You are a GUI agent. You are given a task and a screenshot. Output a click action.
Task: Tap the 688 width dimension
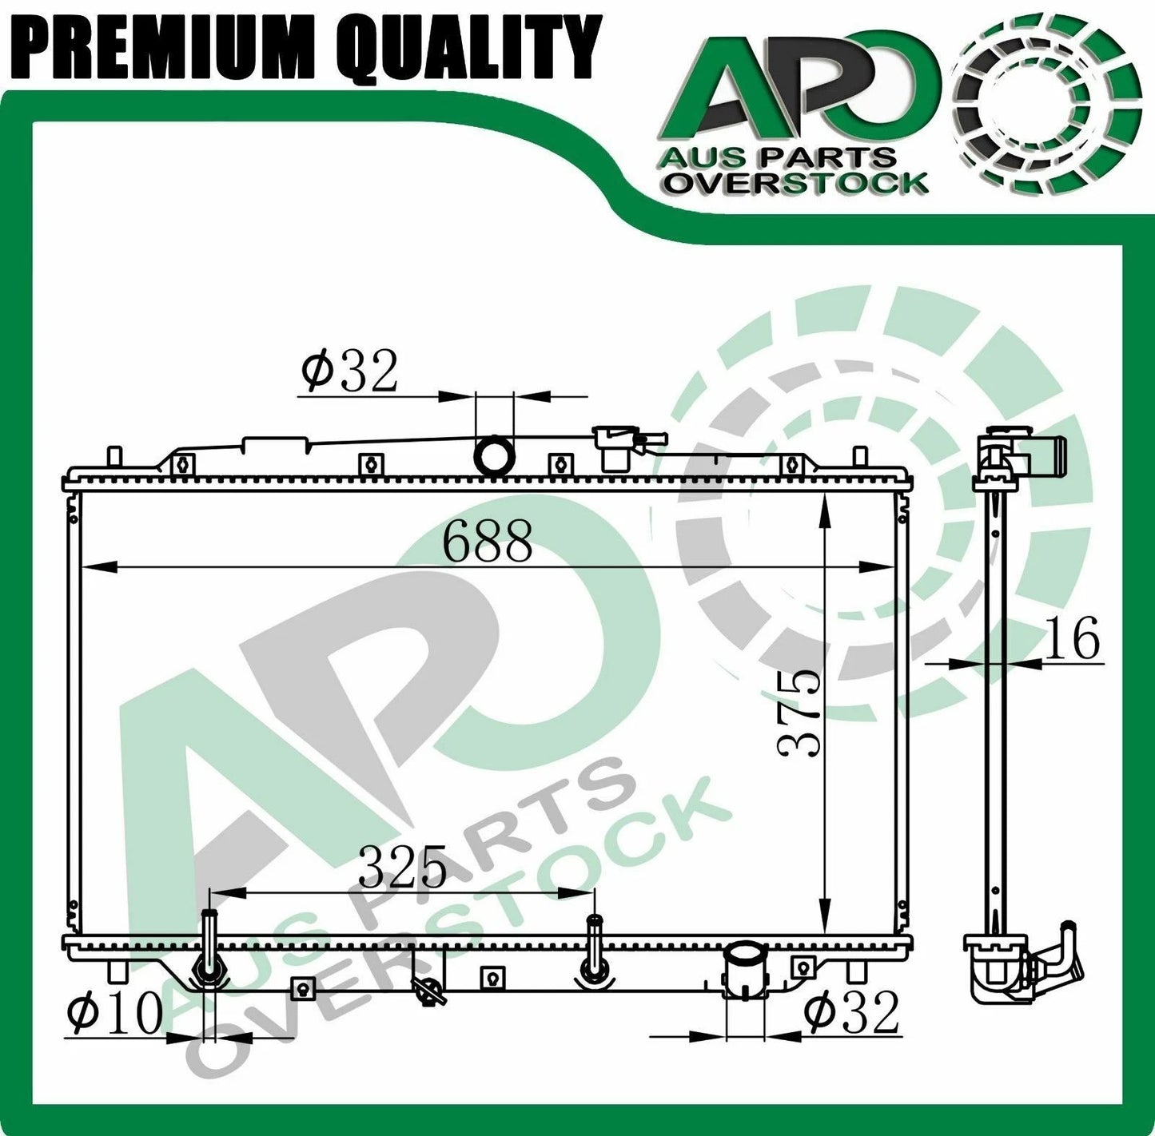coord(487,540)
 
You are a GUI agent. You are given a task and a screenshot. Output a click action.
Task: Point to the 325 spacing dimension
coord(403,866)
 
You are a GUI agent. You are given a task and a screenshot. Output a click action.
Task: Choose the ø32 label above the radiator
coord(349,370)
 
